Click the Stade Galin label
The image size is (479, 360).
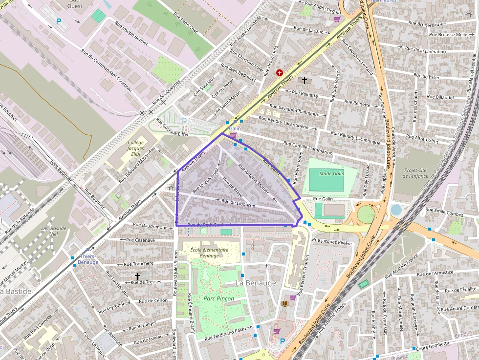pos(332,174)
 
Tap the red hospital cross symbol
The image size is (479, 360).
pos(279,72)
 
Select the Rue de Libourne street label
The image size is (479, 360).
pos(239,203)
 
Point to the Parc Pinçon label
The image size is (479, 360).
pos(218,298)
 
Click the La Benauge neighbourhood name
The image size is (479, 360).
pos(256,283)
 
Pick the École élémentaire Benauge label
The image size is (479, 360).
pos(210,253)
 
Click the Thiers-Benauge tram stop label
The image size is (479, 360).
pos(88,259)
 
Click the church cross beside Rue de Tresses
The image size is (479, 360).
pos(137,276)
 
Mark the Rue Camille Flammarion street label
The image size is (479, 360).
pos(308,148)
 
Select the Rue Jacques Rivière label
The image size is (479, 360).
pos(332,241)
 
